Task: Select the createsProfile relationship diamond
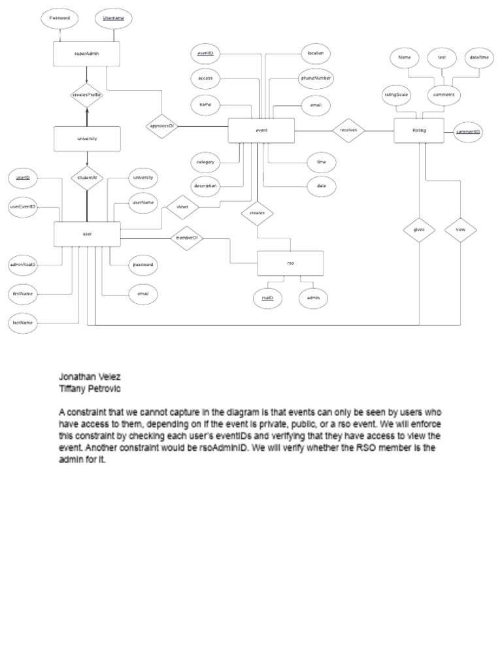(x=87, y=95)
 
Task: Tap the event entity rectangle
(x=261, y=131)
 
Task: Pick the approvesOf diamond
(x=161, y=125)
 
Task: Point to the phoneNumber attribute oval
(x=316, y=78)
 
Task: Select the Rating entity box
(x=419, y=131)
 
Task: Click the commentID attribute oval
(x=468, y=131)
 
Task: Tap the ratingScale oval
(x=396, y=95)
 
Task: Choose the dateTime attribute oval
(x=479, y=57)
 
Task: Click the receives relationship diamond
(x=348, y=130)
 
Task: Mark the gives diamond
(x=419, y=229)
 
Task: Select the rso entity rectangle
(x=290, y=262)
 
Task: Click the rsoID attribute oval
(x=267, y=298)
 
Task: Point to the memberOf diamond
(x=186, y=238)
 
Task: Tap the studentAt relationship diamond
(x=87, y=177)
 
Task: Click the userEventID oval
(x=24, y=206)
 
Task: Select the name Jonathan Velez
(x=90, y=377)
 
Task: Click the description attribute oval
(x=206, y=186)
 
